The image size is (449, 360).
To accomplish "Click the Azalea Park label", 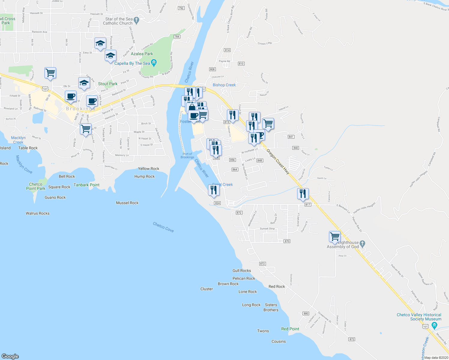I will coord(142,54).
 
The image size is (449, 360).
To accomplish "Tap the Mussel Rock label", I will coord(127,203).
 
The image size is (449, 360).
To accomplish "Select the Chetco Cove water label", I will coord(163,227).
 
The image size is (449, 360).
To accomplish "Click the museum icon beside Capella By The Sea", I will coord(154,63).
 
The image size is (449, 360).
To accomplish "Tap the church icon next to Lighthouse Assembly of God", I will coord(362,244).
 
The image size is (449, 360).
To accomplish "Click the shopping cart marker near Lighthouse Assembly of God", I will coord(335,237).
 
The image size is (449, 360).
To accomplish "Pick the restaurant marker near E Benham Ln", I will coord(303,194).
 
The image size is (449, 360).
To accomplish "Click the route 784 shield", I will coord(177,37).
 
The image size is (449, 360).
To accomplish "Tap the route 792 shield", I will coord(181,8).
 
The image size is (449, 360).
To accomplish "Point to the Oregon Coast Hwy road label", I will coord(278,162).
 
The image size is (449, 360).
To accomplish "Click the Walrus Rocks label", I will coord(38,213).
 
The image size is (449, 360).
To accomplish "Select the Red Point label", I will coord(290,329).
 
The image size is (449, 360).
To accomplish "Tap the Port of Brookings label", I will coord(187,155).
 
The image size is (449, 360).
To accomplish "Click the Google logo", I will coord(10,356).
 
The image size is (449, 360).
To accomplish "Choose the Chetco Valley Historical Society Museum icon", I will coord(434,325).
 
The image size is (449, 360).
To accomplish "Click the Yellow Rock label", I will coord(149,169).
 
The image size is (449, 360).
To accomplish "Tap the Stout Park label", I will coord(108,84).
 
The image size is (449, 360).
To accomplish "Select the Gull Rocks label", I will coord(242,271).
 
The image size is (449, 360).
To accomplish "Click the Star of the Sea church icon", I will coord(137,21).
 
